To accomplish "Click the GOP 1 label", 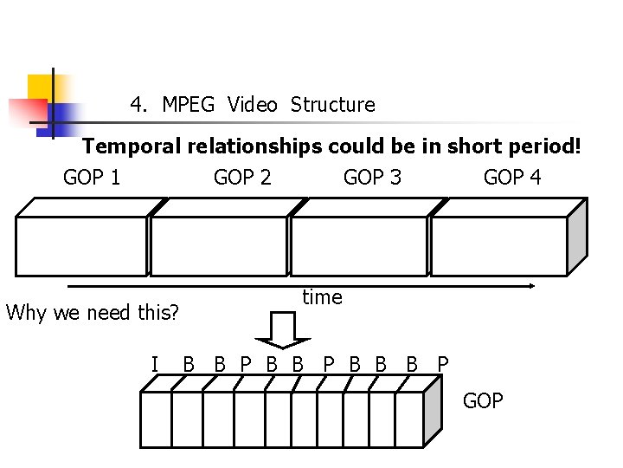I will point(92,179).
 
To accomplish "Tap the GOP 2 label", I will point(242,179).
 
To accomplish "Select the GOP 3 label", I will point(372,179).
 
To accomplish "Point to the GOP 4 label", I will point(512,179).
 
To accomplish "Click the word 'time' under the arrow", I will point(322,297).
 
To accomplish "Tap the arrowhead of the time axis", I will point(532,286).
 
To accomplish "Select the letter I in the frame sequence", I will point(155,364).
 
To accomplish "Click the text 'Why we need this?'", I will point(93,312).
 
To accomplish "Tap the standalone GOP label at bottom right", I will point(483,400).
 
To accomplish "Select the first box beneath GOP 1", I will point(82,245).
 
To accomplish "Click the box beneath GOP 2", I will point(218,245).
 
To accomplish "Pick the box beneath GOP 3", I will point(358,245).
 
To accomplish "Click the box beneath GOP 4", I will point(498,245).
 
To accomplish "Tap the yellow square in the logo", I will point(41,88).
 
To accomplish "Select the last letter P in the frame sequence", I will point(443,364).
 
